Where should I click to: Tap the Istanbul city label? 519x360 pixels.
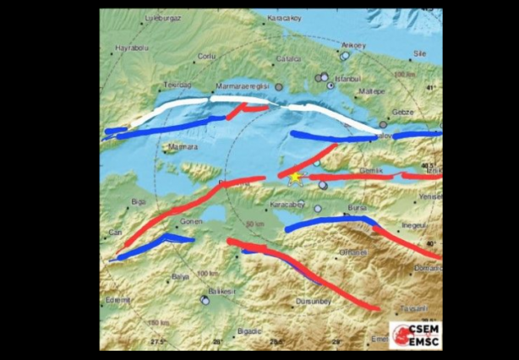click(347, 79)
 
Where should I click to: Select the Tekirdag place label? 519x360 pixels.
click(176, 86)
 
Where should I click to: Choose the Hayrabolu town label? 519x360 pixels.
click(131, 48)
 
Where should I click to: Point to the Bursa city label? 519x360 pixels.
click(358, 205)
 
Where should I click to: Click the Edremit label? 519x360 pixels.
click(118, 298)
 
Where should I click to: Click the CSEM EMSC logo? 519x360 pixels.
click(414, 334)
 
